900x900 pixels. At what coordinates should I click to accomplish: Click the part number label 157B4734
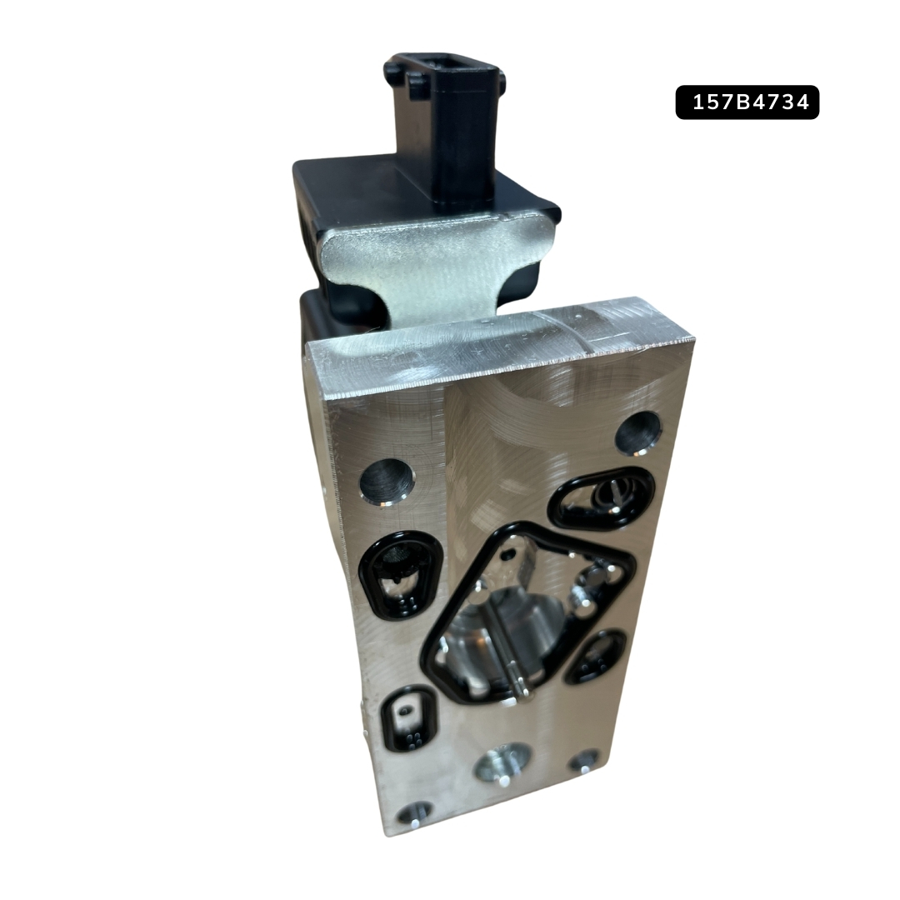[747, 102]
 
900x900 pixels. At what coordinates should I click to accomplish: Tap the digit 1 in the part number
[698, 102]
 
